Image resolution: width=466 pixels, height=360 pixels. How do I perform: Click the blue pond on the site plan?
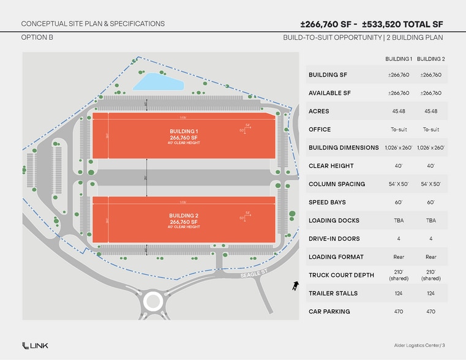point(157,81)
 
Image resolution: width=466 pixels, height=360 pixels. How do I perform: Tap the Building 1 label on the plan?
point(184,132)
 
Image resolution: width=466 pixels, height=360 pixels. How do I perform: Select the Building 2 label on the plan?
point(184,216)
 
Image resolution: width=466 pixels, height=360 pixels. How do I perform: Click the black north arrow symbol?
point(295,285)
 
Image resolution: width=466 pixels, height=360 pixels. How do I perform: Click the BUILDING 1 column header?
point(398,59)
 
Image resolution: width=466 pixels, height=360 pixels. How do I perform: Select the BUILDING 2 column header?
point(430,59)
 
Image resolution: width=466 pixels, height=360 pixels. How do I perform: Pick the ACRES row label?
point(319,111)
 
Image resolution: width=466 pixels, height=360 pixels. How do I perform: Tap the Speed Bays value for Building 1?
point(398,202)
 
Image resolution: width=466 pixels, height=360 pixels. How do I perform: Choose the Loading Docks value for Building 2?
point(430,220)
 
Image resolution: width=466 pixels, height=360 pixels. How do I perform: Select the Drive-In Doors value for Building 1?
point(398,239)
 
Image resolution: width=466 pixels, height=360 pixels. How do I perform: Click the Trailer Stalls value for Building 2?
point(430,293)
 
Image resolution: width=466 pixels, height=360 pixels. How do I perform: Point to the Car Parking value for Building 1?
point(398,312)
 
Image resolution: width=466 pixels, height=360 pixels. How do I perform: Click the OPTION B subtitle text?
point(37,38)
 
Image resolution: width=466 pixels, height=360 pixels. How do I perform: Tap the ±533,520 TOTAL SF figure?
point(404,24)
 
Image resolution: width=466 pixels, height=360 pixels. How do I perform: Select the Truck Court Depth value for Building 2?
point(430,275)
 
